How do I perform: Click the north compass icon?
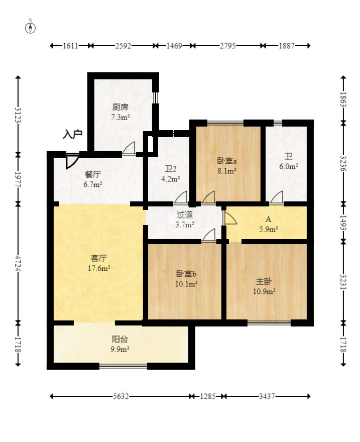31,28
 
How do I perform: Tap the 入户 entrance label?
72,134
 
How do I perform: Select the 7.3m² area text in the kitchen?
121,117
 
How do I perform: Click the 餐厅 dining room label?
93,174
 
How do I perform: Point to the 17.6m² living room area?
99,268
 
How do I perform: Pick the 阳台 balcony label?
119,339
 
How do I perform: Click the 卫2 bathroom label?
170,169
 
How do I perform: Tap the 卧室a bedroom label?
227,161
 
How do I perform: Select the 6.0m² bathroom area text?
289,166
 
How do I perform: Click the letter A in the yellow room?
269,219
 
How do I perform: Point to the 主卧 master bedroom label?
264,281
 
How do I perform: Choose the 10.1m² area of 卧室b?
186,284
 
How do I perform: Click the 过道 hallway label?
185,215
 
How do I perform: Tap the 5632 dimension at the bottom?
121,396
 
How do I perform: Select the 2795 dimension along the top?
227,45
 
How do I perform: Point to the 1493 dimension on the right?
343,223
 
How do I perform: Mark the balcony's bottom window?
123,366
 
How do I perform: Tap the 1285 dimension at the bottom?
208,396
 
